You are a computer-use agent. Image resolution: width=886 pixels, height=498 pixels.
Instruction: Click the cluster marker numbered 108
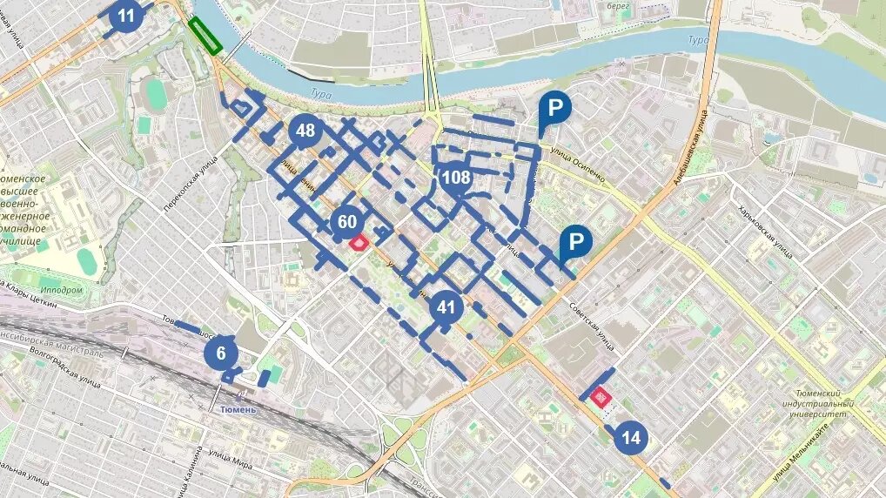pos(456,178)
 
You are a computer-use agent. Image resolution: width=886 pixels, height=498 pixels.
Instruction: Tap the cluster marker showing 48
pos(305,131)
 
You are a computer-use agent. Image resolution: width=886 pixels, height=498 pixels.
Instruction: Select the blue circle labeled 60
pos(347,222)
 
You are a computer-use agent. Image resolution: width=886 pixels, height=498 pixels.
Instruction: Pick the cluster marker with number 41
pos(446,307)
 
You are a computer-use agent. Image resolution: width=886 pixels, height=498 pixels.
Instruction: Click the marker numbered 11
pos(127,16)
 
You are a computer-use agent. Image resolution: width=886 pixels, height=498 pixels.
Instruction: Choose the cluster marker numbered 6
pos(221,353)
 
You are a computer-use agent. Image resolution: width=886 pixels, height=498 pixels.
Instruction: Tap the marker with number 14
pos(631,438)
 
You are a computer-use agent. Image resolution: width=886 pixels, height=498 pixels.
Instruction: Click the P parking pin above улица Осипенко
pos(554,110)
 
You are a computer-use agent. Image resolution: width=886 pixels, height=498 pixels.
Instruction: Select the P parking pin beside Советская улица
pos(575,244)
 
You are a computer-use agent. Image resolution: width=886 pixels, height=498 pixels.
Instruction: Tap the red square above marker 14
pos(600,397)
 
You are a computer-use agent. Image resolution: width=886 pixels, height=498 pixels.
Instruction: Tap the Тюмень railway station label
pos(238,409)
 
